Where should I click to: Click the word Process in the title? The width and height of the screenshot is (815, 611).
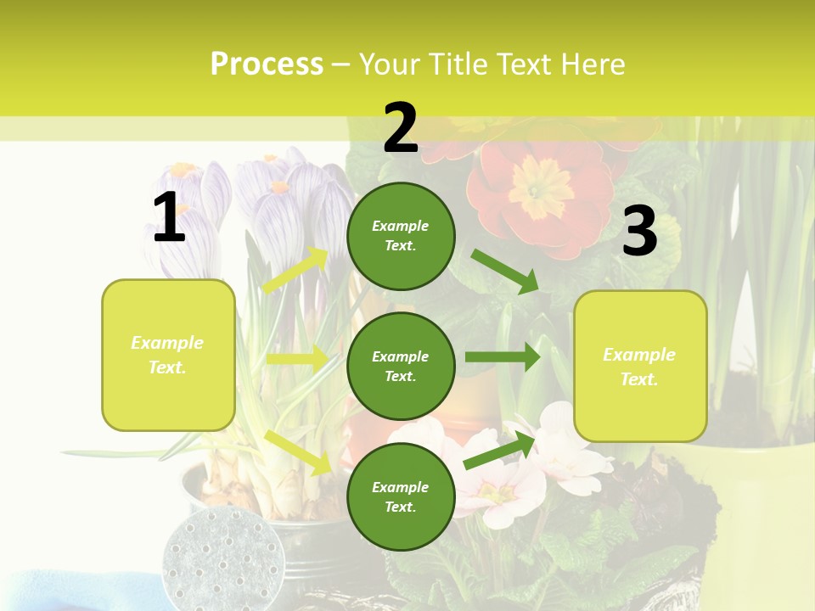click(x=267, y=64)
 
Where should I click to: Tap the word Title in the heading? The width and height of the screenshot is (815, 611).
click(x=459, y=64)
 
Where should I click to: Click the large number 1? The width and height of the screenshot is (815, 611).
click(x=169, y=218)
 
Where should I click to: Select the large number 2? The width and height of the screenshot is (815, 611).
click(x=401, y=128)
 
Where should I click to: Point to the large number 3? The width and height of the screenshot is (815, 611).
click(x=639, y=231)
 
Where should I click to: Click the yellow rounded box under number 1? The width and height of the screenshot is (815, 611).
click(x=168, y=355)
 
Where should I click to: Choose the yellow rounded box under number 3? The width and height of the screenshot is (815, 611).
click(x=640, y=366)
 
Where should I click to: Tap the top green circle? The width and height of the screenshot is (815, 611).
click(x=401, y=236)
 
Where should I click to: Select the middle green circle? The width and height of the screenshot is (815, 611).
click(x=401, y=366)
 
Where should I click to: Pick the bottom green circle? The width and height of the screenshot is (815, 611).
click(x=401, y=496)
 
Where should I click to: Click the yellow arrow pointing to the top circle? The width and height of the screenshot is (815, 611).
click(x=295, y=271)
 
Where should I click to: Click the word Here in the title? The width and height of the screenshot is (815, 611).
click(x=596, y=64)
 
